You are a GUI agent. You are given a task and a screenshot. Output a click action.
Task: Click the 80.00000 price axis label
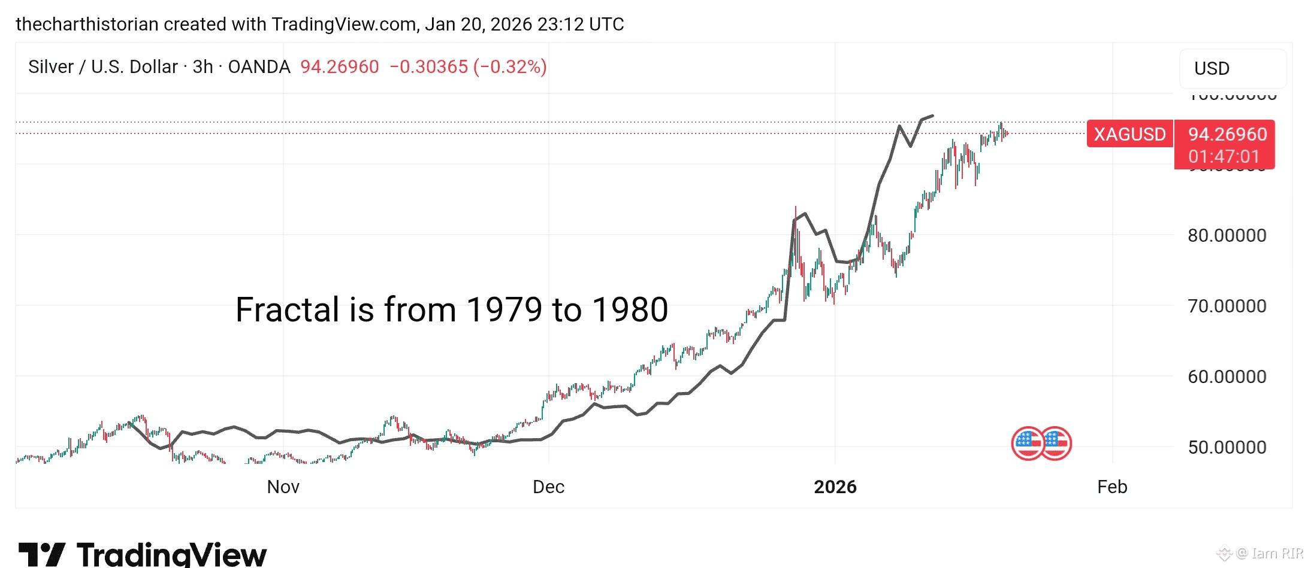[x=1227, y=235]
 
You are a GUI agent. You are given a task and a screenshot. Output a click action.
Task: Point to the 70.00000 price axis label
[x=1227, y=306]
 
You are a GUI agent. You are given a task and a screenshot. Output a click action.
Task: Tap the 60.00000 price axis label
[x=1227, y=376]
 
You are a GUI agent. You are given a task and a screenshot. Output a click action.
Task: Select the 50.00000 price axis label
[x=1227, y=447]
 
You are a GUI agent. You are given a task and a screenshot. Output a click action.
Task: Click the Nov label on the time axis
[x=283, y=487]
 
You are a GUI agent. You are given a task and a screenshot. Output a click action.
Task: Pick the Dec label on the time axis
[x=548, y=487]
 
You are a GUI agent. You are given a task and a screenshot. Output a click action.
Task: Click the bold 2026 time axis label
[x=835, y=487]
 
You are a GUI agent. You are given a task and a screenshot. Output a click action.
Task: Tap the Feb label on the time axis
[x=1112, y=487]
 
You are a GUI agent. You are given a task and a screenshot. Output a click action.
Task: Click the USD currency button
[x=1212, y=68]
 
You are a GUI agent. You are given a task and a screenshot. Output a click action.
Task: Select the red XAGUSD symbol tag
[x=1129, y=134]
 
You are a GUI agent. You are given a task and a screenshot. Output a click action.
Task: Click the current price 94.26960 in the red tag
[x=1228, y=134]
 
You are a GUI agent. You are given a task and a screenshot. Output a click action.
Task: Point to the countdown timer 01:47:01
[x=1224, y=157]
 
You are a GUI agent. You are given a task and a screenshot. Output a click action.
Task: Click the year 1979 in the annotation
[x=504, y=309]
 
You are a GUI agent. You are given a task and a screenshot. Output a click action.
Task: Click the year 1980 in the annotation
[x=630, y=309]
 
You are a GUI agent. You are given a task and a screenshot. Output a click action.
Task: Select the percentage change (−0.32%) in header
[x=510, y=66]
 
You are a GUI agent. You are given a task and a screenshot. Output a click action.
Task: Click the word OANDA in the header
[x=259, y=66]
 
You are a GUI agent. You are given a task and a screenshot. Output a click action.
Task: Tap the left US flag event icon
[x=1028, y=444]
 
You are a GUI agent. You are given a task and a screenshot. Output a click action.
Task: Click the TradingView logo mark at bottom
[x=42, y=554]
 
